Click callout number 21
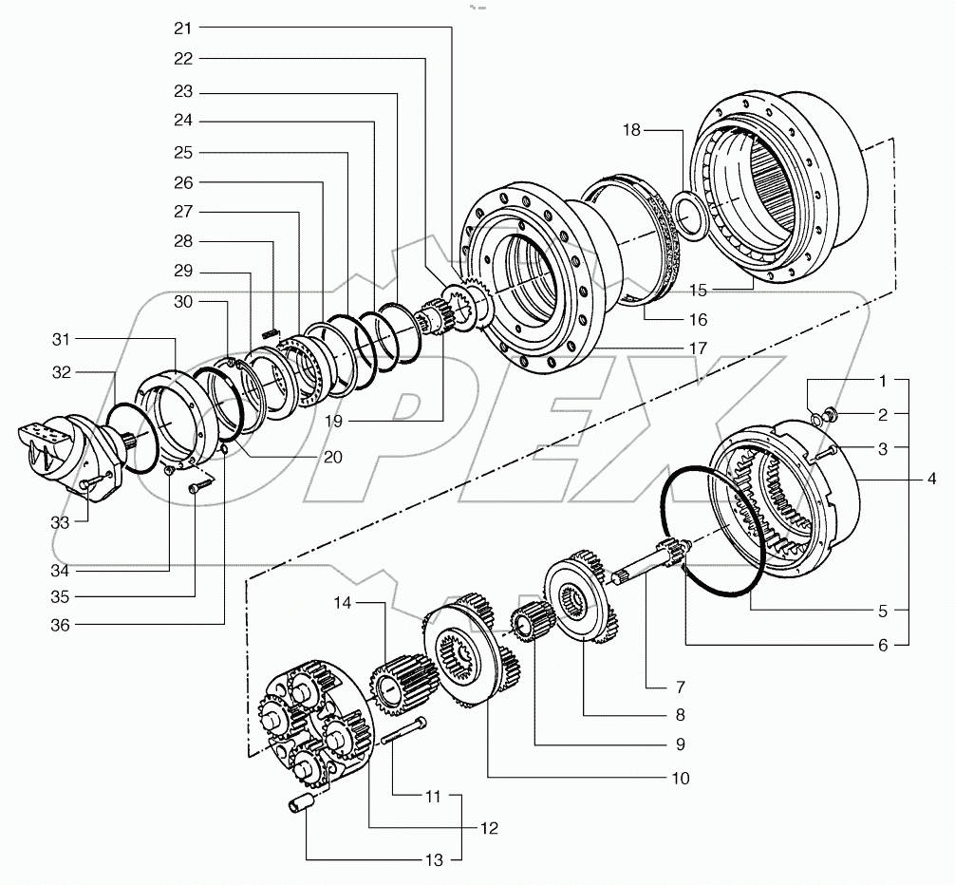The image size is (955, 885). coord(182,28)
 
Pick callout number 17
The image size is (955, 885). coord(698,348)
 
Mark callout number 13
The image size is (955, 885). coord(433,860)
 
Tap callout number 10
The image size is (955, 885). coord(680,778)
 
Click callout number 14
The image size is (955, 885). coord(343,604)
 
